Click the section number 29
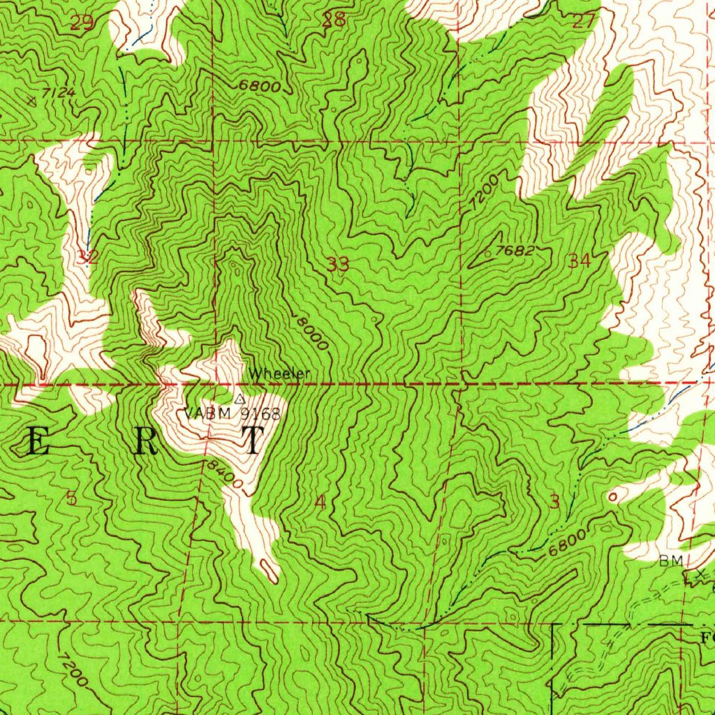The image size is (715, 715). (x=82, y=24)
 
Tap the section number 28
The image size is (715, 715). (x=334, y=20)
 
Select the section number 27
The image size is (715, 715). (x=583, y=21)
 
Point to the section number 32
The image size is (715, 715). (x=88, y=257)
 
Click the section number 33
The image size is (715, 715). (x=338, y=265)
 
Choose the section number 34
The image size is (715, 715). (x=580, y=262)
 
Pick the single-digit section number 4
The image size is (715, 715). (x=320, y=502)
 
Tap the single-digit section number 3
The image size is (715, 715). (x=555, y=502)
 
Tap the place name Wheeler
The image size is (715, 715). (x=279, y=374)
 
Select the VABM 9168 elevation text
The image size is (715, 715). (x=233, y=413)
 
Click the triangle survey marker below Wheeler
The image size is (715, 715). (x=239, y=399)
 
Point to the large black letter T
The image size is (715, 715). (x=252, y=441)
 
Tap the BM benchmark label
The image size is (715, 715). (x=669, y=561)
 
